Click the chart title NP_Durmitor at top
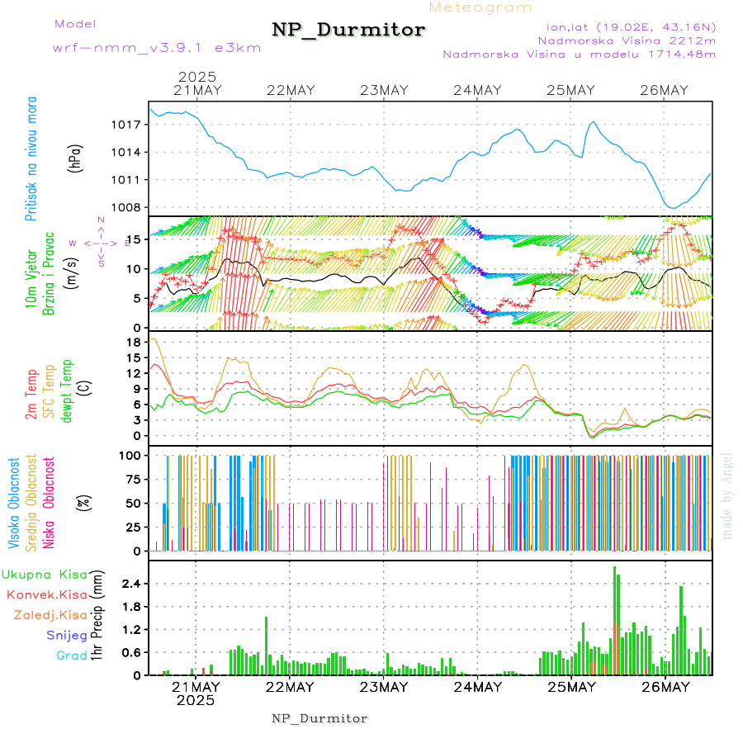(348, 31)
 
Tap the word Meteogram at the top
(480, 7)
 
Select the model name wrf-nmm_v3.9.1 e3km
(157, 47)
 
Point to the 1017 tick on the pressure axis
(125, 125)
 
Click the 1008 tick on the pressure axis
(125, 207)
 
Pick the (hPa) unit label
(75, 157)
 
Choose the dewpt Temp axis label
(67, 390)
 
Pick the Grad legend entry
(71, 656)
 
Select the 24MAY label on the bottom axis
(478, 687)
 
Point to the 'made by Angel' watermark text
(727, 495)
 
